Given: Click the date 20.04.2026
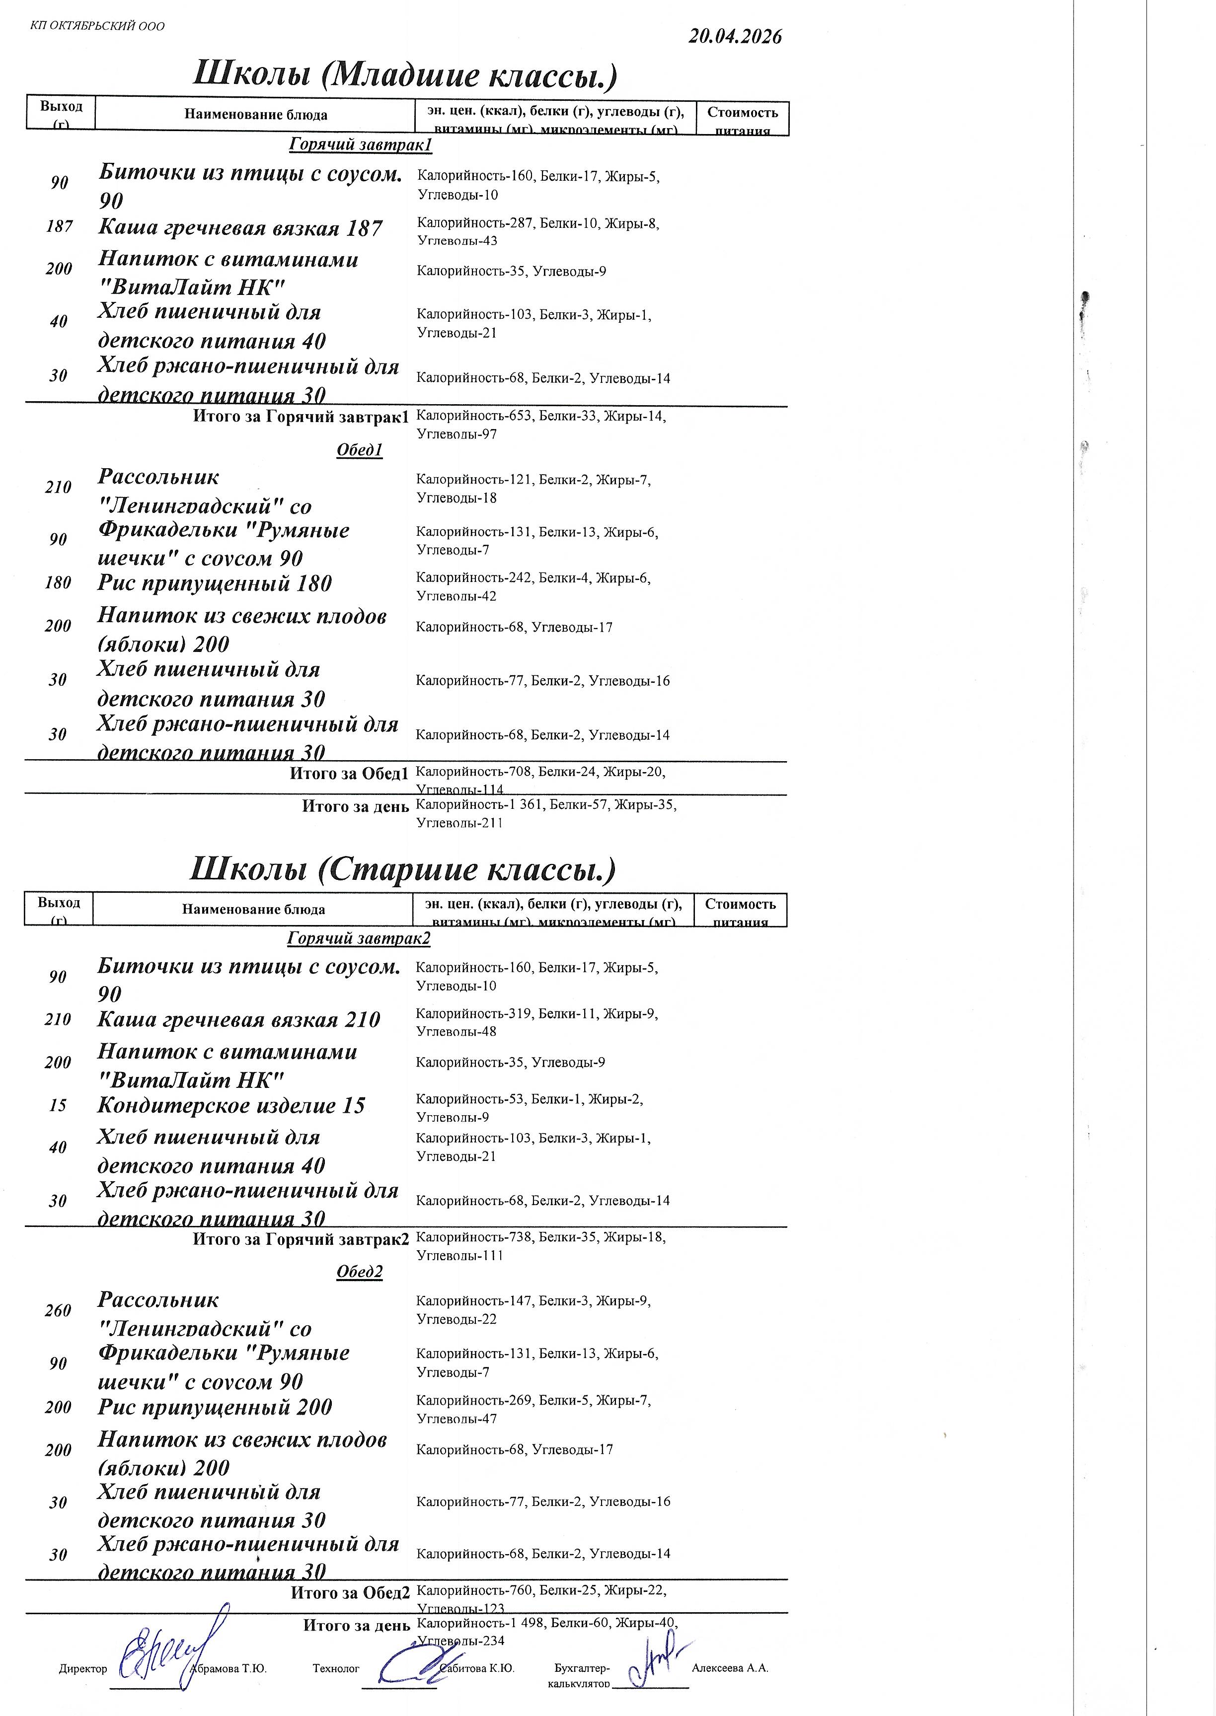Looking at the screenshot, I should pyautogui.click(x=735, y=37).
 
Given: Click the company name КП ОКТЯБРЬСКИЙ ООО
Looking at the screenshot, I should pyautogui.click(x=97, y=26).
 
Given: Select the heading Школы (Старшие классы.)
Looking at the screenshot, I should pyautogui.click(x=403, y=869).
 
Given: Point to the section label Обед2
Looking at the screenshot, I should pyautogui.click(x=360, y=1272).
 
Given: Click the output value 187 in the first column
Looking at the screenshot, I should pyautogui.click(x=59, y=226).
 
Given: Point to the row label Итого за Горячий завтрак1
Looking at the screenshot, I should pyautogui.click(x=301, y=417).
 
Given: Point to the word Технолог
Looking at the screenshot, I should pyautogui.click(x=336, y=1668).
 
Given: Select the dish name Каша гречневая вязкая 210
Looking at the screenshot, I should pyautogui.click(x=239, y=1019).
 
